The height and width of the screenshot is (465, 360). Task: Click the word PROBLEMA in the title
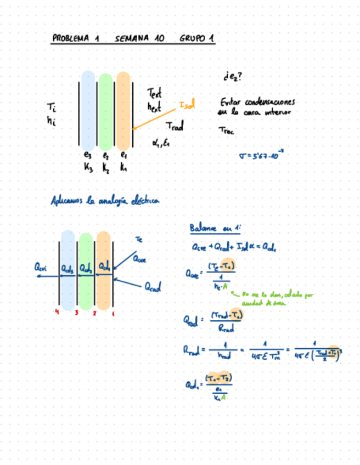coord(70,39)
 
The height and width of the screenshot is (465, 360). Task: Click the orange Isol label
coord(187,104)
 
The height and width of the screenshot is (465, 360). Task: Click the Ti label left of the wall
coord(52,108)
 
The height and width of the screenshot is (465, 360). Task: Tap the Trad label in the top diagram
coord(174,127)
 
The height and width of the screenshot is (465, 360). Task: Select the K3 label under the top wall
coord(88,168)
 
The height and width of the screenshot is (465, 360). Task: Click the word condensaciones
coord(269,103)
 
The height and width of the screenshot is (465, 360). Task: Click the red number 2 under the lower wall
coord(95,314)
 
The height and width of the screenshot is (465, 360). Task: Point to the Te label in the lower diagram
coord(139,239)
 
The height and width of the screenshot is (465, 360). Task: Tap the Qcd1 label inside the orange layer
coord(104,266)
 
